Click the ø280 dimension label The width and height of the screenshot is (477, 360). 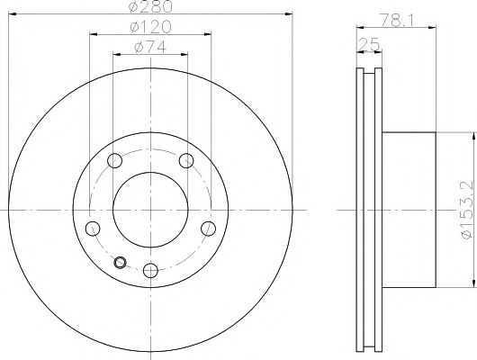[150, 8]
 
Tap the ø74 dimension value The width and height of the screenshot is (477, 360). [150, 50]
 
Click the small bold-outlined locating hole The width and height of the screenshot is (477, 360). [121, 263]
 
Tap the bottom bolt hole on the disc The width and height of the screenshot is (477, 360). [150, 267]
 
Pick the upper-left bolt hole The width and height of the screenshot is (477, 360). [114, 161]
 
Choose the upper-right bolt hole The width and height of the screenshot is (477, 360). [186, 161]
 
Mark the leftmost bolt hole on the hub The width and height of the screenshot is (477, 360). [92, 228]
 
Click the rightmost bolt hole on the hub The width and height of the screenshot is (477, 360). [208, 228]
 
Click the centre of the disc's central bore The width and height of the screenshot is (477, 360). [150, 210]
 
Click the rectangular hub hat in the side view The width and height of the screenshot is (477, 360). [409, 210]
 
